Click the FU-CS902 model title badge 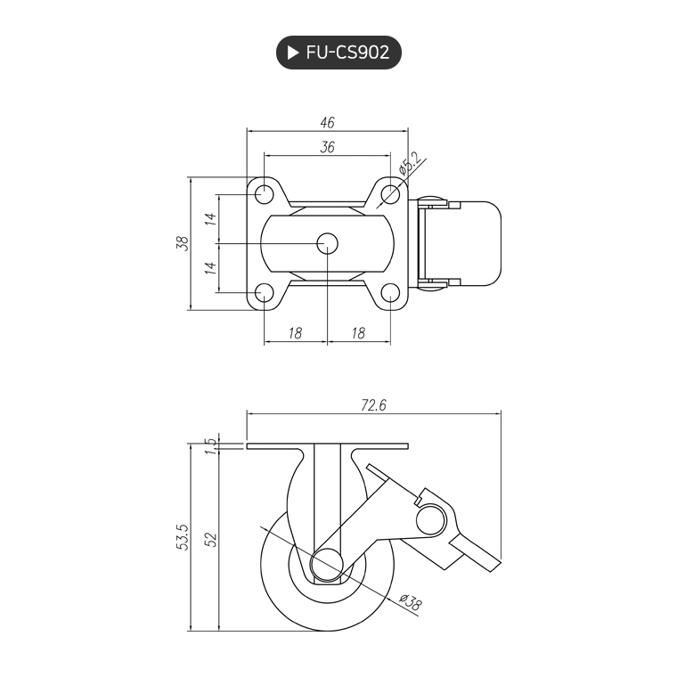pyautogui.click(x=338, y=52)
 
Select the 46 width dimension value pyautogui.click(x=327, y=123)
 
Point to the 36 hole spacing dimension pyautogui.click(x=327, y=149)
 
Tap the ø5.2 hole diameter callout pyautogui.click(x=410, y=167)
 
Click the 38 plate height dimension pyautogui.click(x=183, y=243)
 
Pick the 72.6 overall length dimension pyautogui.click(x=373, y=405)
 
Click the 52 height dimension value pyautogui.click(x=211, y=539)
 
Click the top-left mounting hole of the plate pyautogui.click(x=264, y=193)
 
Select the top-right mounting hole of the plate pyautogui.click(x=390, y=193)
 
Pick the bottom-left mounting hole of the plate pyautogui.click(x=264, y=293)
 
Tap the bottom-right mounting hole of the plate pyautogui.click(x=390, y=293)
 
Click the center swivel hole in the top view pyautogui.click(x=327, y=243)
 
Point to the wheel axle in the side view pyautogui.click(x=328, y=565)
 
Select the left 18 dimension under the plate pyautogui.click(x=296, y=333)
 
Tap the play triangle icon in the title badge pyautogui.click(x=292, y=52)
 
